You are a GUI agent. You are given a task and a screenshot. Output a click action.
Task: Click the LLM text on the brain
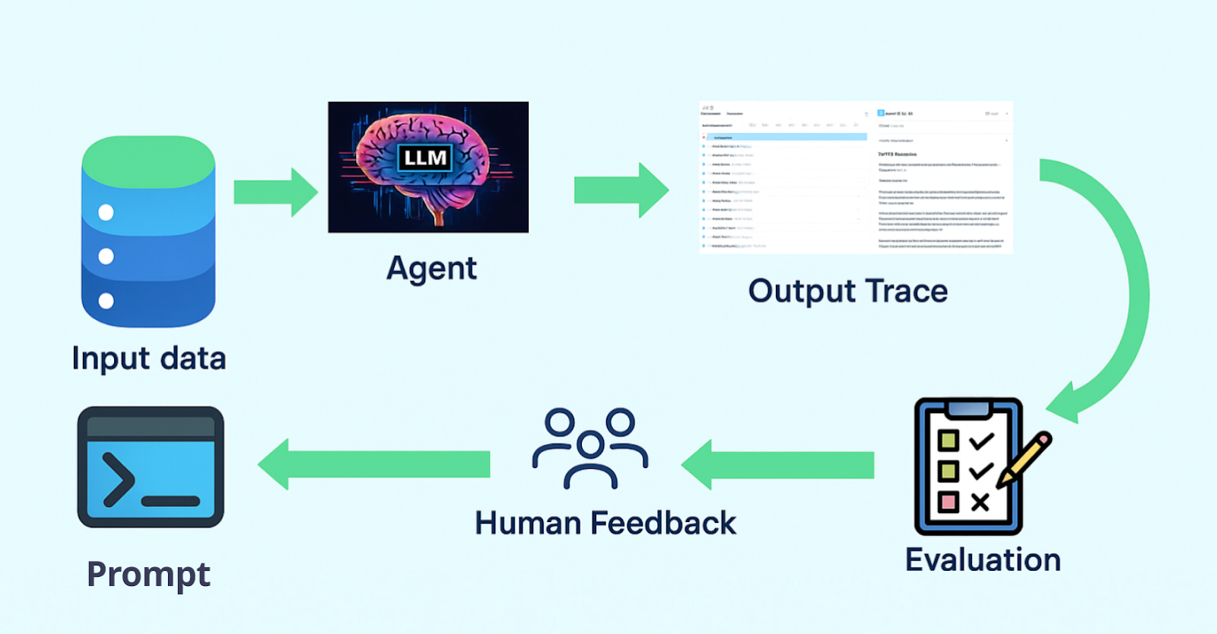(425, 158)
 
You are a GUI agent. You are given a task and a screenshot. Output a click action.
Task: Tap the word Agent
(431, 269)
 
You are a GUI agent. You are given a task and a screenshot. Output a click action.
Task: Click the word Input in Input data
(110, 358)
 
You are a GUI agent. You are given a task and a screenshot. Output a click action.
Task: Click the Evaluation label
(983, 560)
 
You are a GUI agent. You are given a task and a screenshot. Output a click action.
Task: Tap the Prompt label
(148, 575)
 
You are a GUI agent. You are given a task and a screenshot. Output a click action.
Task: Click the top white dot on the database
(106, 212)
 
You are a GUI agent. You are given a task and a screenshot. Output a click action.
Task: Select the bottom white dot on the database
(106, 301)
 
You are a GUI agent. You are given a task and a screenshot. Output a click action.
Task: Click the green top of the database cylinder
(148, 160)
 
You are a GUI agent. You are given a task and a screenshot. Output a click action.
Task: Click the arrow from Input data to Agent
(275, 192)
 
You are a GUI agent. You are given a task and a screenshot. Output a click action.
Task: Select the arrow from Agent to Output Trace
(620, 190)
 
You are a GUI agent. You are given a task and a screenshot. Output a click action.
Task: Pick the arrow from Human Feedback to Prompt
(373, 464)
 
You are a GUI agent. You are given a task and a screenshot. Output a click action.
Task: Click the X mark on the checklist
(980, 502)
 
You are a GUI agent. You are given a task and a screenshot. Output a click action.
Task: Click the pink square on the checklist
(948, 502)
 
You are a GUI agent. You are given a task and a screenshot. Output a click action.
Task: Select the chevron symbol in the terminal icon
(118, 479)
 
